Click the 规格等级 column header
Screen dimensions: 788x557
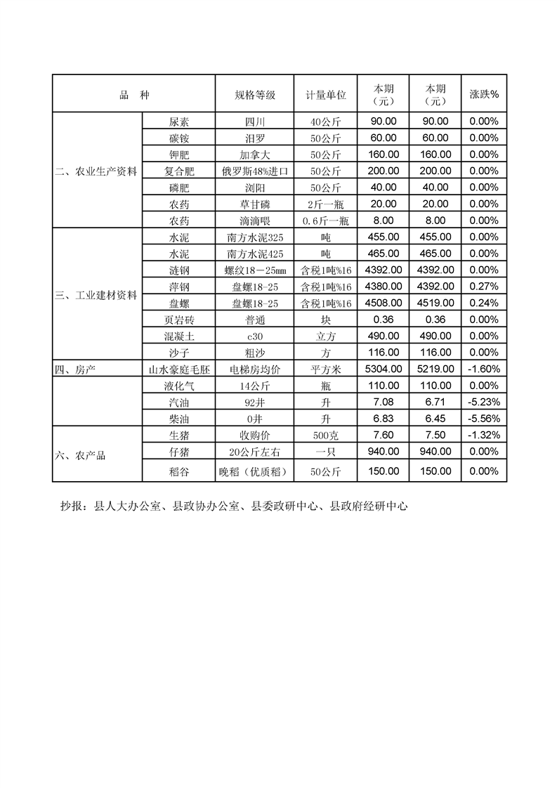point(254,95)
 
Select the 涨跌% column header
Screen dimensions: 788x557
point(484,95)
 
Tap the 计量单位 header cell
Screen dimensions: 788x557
point(325,95)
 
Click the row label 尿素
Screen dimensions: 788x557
point(179,121)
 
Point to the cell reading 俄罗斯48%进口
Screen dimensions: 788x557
point(254,171)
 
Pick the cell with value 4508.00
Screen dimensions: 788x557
point(384,303)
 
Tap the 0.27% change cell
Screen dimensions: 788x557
point(484,287)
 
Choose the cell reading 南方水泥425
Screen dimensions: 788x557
point(254,254)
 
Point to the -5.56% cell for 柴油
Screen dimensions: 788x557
point(484,419)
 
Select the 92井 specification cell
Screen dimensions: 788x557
point(254,402)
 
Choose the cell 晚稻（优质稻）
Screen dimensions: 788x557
point(254,471)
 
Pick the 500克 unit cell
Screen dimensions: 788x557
point(325,435)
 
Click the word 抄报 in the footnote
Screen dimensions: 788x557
point(72,506)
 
